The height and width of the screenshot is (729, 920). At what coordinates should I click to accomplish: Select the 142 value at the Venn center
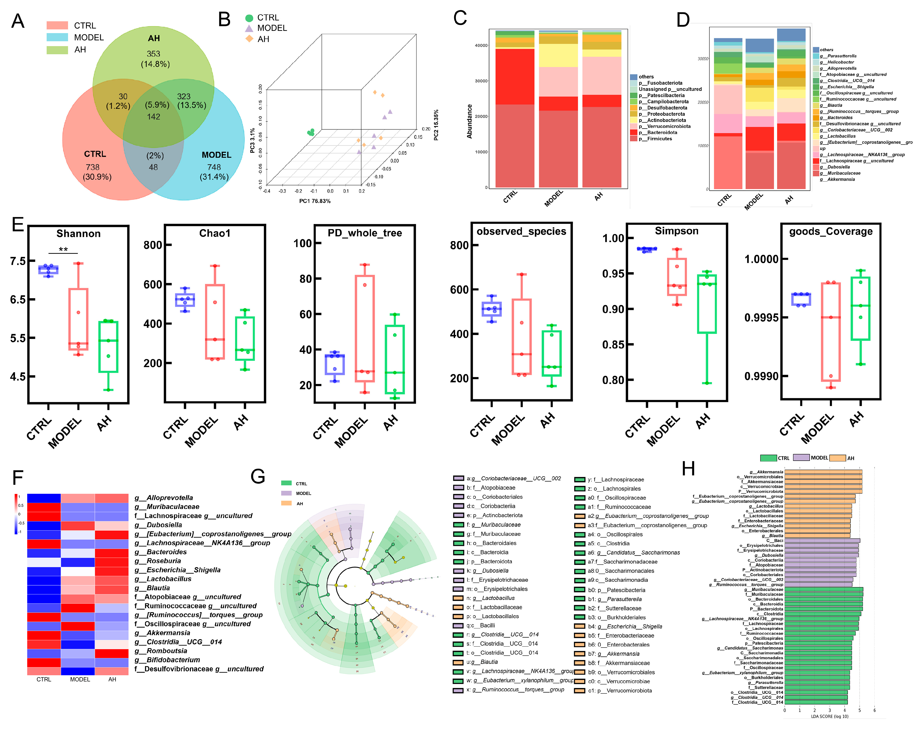[154, 117]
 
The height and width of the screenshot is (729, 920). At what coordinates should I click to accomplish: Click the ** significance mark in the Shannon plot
[63, 249]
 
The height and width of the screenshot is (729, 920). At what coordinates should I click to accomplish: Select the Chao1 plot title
[215, 233]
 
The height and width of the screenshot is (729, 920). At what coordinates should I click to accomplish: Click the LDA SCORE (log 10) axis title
[829, 716]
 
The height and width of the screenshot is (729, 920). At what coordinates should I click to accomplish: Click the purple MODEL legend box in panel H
[801, 458]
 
